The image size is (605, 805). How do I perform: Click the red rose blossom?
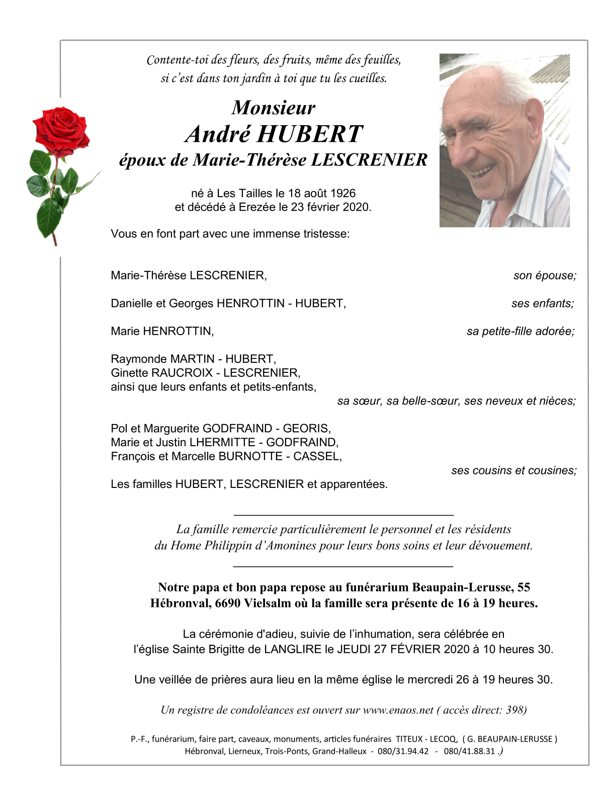pos(60,129)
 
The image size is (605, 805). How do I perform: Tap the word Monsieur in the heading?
pos(274,108)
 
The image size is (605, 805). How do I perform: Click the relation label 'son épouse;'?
pos(545,275)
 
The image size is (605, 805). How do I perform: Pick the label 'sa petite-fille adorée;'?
pos(521,331)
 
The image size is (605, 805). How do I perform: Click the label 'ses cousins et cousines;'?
pos(514,470)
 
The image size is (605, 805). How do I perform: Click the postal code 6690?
pos(227,603)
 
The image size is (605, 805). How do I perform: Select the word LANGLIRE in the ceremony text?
pos(293,649)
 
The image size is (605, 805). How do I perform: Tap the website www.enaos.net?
pos(398,710)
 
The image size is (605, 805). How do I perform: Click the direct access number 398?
pos(514,710)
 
